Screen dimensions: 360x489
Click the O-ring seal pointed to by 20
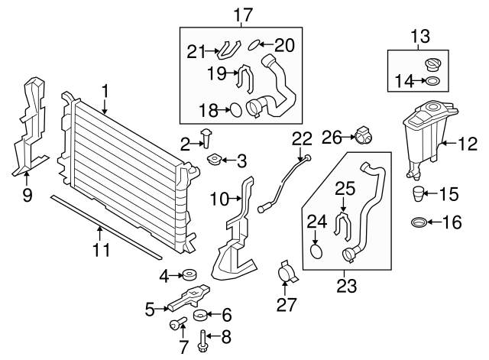coord(258,44)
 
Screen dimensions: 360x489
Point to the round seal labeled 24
coord(317,249)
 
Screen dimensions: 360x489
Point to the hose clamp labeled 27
coord(287,272)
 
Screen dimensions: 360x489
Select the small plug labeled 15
coord(419,193)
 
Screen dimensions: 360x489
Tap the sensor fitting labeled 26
coord(364,137)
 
